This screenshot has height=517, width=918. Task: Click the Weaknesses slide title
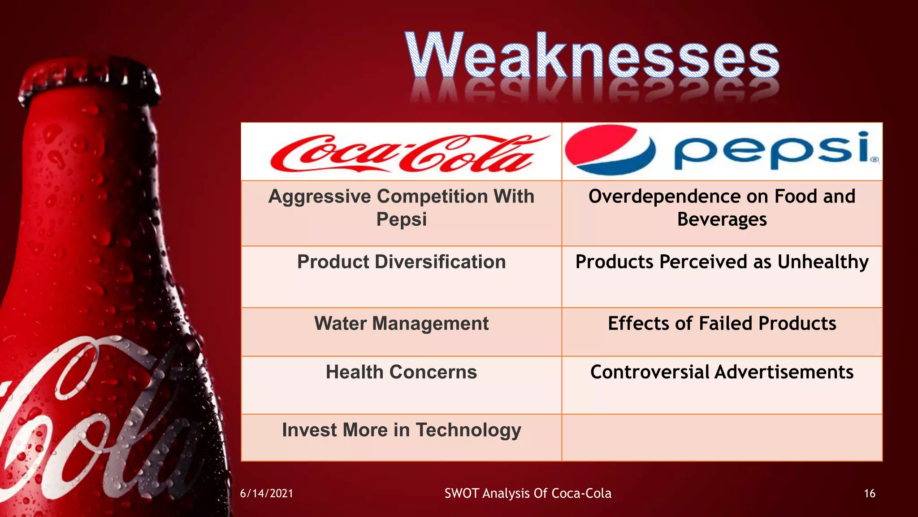coord(593,56)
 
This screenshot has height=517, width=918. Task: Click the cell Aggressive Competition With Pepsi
coord(401,208)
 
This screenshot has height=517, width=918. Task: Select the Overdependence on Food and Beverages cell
coord(722,208)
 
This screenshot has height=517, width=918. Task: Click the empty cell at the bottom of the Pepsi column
coord(722,438)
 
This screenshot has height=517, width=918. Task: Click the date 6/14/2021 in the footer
coord(267,494)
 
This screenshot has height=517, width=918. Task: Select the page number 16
coord(869,494)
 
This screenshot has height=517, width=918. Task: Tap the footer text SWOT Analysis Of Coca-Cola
coord(528,493)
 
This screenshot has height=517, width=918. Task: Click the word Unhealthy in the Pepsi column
coord(823,262)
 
